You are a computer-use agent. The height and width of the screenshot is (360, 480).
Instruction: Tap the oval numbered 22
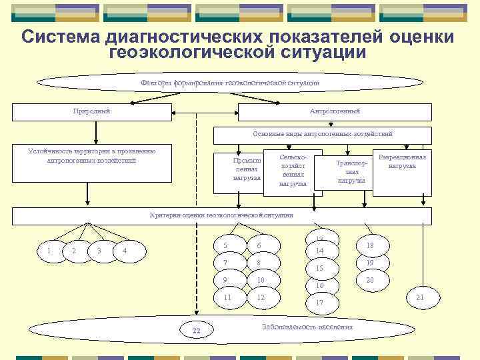coord(195,330)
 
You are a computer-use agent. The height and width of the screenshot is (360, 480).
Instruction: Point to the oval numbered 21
coord(419,297)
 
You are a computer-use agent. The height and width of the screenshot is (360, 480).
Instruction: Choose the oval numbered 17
coord(320,302)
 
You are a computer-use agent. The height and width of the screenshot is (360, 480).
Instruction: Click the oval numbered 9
coord(226,279)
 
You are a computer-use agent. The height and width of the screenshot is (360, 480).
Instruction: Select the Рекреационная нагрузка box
coord(401,171)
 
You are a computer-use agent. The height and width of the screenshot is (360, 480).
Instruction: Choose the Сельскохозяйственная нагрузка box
coord(293,171)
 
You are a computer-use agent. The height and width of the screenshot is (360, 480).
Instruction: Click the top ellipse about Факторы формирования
coord(230,83)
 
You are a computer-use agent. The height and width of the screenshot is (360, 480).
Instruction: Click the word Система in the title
coord(60,37)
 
